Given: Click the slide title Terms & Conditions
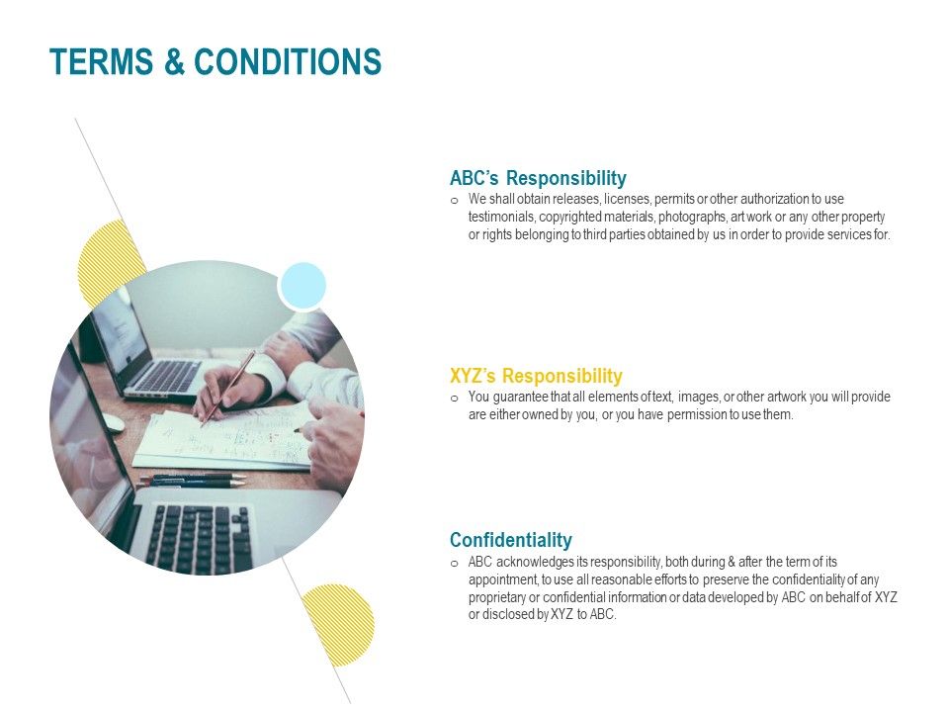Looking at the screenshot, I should click(216, 62).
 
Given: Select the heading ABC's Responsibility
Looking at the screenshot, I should click(538, 178).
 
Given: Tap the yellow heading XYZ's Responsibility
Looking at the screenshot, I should click(536, 376).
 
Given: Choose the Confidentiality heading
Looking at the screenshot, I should click(510, 540).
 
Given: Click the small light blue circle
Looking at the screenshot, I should click(302, 285).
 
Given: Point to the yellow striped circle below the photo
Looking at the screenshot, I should click(338, 624).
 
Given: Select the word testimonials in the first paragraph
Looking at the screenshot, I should click(501, 217).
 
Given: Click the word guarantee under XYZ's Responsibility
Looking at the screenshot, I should click(519, 398).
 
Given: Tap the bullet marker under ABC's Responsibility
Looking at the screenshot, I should click(454, 200).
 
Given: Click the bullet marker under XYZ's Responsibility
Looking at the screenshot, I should click(454, 399).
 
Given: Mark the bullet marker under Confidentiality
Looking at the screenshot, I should click(454, 563).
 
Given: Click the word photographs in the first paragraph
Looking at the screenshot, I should click(689, 217).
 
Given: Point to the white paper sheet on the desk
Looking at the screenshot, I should click(222, 440).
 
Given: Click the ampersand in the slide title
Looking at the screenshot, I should click(174, 62).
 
